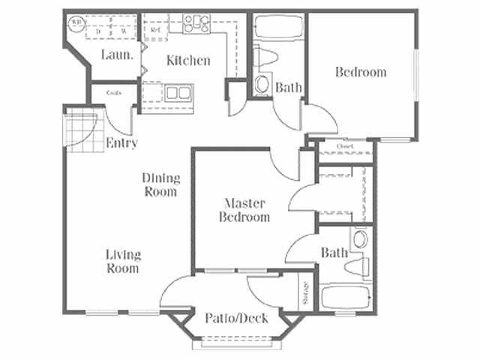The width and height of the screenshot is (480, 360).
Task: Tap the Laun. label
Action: pos(118,55)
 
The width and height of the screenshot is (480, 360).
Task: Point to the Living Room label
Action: pos(122,261)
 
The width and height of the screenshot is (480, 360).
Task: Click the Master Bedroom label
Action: pos(244,209)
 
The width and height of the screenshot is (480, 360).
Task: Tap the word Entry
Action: pos(121,142)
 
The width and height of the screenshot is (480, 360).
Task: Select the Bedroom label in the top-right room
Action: pos(361,72)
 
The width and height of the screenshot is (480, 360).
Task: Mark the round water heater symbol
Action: pos(76,22)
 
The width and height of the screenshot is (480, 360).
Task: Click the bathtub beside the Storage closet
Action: pos(344,297)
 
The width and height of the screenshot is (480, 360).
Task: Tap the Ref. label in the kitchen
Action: pos(154,30)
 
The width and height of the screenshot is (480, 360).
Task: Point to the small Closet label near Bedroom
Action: pos(344,146)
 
